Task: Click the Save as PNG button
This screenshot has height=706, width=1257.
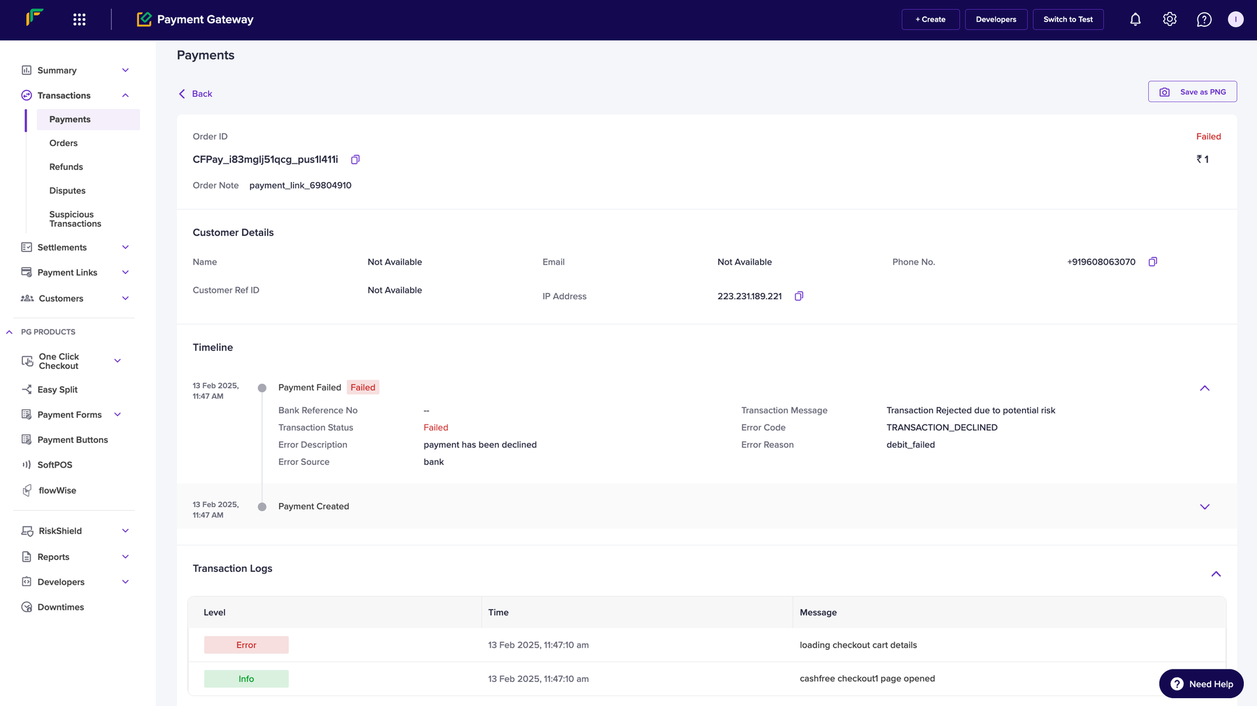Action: click(x=1192, y=92)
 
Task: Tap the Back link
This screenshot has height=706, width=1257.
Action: click(x=196, y=94)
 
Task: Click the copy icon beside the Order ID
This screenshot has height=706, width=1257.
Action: click(x=355, y=160)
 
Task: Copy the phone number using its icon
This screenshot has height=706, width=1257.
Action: click(x=1152, y=262)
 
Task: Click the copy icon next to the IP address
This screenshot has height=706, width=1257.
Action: click(x=799, y=296)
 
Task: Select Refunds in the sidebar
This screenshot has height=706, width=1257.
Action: click(x=66, y=167)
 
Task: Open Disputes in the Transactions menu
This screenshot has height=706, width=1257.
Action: click(x=67, y=191)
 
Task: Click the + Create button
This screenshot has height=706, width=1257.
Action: click(x=930, y=20)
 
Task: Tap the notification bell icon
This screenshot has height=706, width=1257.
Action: click(x=1135, y=20)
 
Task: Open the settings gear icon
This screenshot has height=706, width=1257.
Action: click(x=1170, y=20)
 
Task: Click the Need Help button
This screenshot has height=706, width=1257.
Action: click(x=1201, y=684)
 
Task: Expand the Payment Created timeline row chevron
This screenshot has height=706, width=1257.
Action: click(x=1205, y=507)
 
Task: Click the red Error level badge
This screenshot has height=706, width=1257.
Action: click(x=246, y=645)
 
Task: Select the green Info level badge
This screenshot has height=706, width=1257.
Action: click(x=246, y=679)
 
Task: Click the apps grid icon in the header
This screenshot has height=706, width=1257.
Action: click(x=79, y=20)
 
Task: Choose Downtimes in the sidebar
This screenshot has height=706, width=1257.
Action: click(x=61, y=607)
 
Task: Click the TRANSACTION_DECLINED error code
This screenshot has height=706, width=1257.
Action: click(x=941, y=428)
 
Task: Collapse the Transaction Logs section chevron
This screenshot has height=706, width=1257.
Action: click(x=1216, y=574)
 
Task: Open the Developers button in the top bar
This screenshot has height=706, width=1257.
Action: click(x=996, y=20)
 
